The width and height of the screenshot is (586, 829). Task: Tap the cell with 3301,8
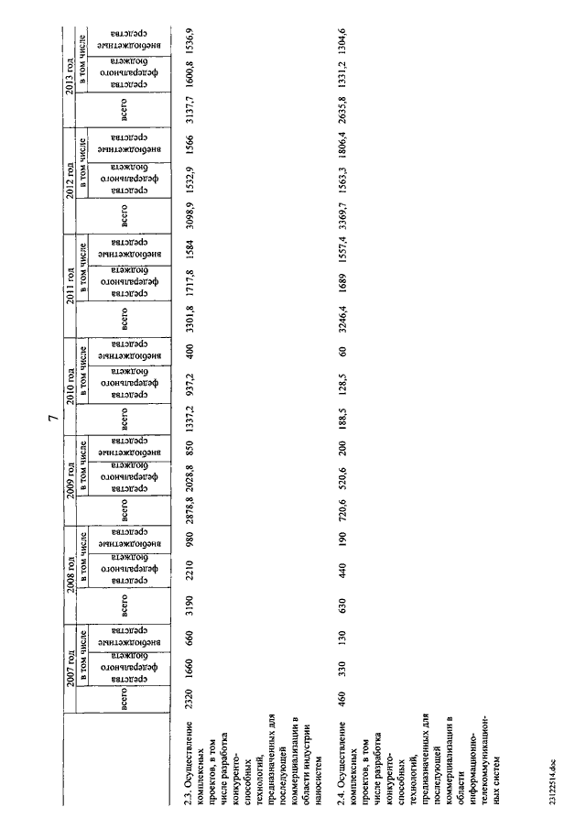(x=189, y=316)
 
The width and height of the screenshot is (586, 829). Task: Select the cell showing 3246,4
(x=342, y=316)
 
